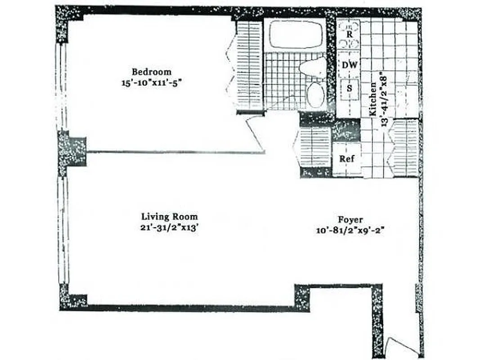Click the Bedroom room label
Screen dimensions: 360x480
tap(151, 72)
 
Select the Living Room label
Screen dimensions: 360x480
tap(169, 216)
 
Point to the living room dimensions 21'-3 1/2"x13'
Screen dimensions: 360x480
tap(169, 228)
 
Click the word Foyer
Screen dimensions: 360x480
tap(350, 220)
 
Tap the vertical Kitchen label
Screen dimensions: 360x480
tap(372, 100)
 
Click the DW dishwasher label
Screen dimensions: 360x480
tap(350, 65)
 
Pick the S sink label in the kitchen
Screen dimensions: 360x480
tap(349, 88)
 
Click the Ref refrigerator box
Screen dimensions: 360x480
tap(346, 159)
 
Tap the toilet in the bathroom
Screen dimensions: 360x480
tap(313, 68)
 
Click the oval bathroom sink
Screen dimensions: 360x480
tap(315, 94)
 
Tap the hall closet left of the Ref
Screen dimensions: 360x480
tap(314, 147)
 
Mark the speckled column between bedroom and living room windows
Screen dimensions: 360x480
tap(72, 149)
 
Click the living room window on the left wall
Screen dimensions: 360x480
tap(63, 229)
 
